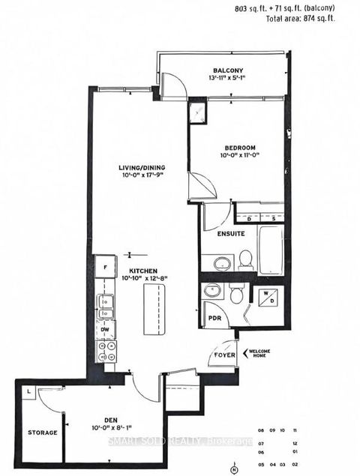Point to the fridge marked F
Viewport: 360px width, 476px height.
pos(105,267)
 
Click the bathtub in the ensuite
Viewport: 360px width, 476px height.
pos(269,253)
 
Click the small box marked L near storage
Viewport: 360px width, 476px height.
pos(27,392)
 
